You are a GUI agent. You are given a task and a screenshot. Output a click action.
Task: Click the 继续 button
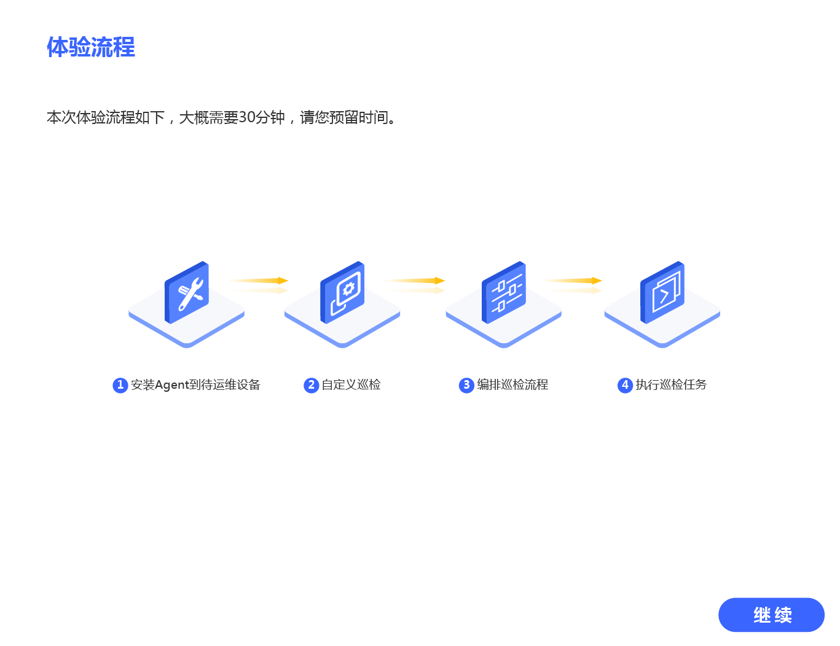tap(771, 615)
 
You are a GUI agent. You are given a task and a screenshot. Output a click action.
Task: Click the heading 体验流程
tap(91, 47)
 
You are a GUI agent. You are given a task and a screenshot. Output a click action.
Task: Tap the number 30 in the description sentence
tap(246, 117)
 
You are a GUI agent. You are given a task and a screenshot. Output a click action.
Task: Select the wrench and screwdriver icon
tap(187, 293)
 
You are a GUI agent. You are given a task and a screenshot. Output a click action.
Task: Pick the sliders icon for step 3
tap(504, 293)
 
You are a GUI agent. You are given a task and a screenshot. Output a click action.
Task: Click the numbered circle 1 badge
tap(120, 385)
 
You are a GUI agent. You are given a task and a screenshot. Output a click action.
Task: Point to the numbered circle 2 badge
tap(311, 385)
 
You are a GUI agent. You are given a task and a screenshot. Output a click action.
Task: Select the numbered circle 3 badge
tap(466, 385)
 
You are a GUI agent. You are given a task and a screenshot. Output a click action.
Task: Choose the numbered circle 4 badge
tap(625, 385)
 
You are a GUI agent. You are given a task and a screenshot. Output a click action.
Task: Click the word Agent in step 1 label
tap(171, 385)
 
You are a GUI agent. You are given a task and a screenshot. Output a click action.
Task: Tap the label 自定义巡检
tap(351, 385)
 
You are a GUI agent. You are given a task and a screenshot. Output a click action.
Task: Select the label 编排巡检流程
tap(512, 385)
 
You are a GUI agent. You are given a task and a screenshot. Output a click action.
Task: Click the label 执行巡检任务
tap(671, 385)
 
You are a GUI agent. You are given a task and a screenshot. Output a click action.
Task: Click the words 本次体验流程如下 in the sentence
tap(106, 117)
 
